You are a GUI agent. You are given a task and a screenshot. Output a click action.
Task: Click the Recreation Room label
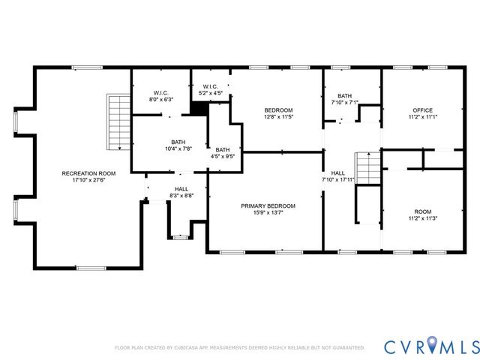point(83,173)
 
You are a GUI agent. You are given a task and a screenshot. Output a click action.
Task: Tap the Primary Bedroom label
point(268,205)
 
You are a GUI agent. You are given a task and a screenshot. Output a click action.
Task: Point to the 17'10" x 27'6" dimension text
point(83,181)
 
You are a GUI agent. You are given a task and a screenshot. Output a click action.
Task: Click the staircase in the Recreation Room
point(117,121)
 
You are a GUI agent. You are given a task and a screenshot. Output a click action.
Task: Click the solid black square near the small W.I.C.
point(199,109)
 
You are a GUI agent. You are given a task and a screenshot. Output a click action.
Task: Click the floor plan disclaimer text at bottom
point(239,348)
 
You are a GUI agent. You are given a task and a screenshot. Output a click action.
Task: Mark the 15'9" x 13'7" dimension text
point(268,213)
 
